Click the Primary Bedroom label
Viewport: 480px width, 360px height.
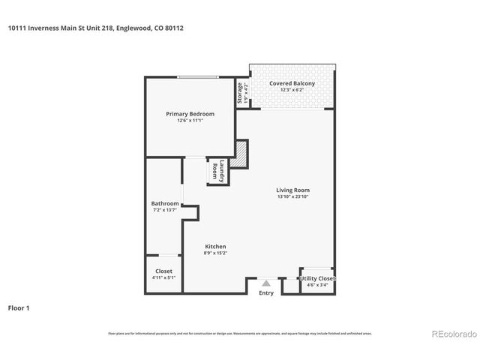tap(190, 114)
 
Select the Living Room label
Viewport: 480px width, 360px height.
tap(292, 190)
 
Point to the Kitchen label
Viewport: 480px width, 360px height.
tap(215, 247)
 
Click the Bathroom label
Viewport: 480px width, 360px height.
tap(165, 203)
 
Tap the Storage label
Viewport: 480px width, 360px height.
tap(241, 94)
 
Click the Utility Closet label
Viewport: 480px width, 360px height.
tap(316, 278)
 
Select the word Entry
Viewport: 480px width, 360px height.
tap(266, 292)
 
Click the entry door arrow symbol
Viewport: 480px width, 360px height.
tap(266, 283)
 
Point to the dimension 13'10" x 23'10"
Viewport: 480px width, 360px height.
tap(292, 197)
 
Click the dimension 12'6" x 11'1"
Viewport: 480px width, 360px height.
tap(190, 121)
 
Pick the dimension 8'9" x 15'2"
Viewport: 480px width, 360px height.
tap(215, 253)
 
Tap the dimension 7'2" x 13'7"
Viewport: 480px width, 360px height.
tap(165, 210)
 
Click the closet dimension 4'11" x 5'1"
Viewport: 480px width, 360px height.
tap(163, 278)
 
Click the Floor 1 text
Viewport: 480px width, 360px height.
tap(18, 307)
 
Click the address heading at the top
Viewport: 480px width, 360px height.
tap(95, 28)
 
